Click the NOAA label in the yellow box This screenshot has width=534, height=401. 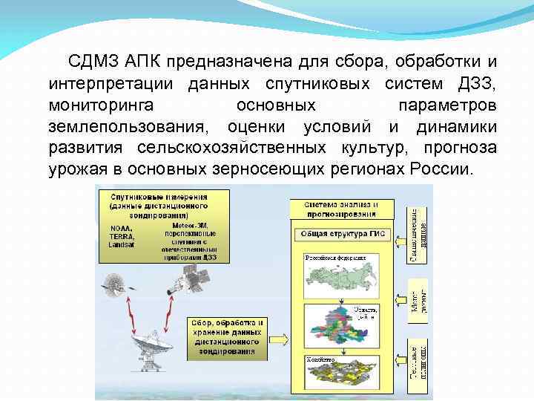tap(119, 228)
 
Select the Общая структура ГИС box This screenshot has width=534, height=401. tap(340, 234)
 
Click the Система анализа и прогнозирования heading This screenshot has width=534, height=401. tap(340, 208)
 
